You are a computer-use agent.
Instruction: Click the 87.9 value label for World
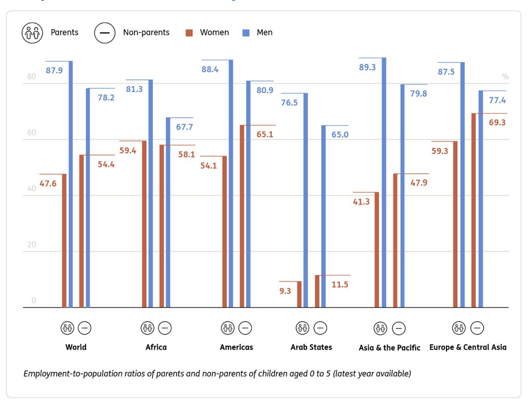coord(54,71)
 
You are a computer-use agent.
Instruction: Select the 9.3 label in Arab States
coord(285,291)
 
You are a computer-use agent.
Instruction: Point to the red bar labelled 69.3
coord(473,210)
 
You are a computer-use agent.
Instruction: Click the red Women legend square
coord(189,33)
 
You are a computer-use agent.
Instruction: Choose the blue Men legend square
coord(246,33)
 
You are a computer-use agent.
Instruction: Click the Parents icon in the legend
coord(32,33)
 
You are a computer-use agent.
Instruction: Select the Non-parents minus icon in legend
coord(105,33)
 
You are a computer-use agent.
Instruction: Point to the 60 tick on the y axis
coord(31,133)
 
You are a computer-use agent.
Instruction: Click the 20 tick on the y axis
coord(31,244)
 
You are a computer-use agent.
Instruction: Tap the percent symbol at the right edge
coord(505,77)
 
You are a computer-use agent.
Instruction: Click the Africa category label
coord(156,347)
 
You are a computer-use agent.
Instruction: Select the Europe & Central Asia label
coord(468,347)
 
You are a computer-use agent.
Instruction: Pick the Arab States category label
coord(311,347)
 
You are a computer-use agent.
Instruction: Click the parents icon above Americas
coord(228,328)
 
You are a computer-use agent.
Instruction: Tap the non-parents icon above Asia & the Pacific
coord(398,328)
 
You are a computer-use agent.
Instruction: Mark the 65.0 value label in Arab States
coord(340,135)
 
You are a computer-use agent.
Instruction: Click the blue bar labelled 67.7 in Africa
coord(168,213)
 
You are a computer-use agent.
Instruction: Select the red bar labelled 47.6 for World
coord(64,241)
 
